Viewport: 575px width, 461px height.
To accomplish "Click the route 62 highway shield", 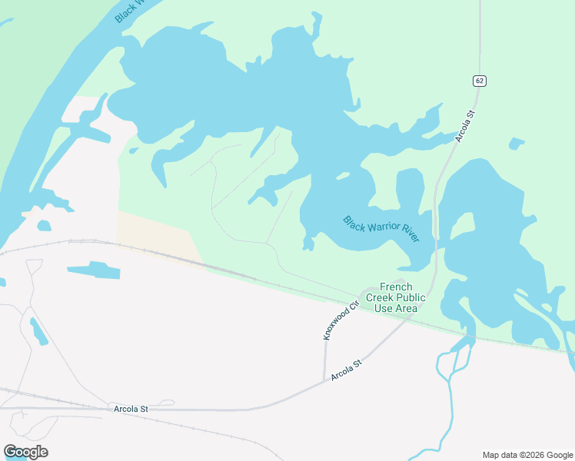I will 480,81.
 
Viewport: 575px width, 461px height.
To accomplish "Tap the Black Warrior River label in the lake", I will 381,228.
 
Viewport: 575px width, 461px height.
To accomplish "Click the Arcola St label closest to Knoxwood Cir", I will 346,370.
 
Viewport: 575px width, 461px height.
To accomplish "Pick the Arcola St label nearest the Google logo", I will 130,409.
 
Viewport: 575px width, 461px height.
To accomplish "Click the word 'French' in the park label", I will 396,287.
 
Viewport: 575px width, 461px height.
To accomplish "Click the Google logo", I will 25,452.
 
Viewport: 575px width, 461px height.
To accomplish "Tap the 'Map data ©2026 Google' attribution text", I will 527,455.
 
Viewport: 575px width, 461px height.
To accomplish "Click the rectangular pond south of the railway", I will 93,270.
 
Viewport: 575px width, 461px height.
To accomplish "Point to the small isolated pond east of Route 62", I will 517,143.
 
